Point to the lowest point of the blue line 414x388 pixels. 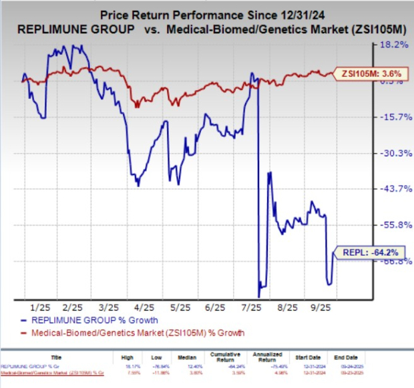[258, 297]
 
